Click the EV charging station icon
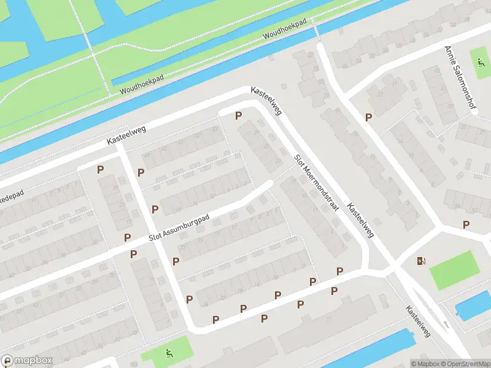click(421, 261)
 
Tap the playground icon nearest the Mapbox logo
click(169, 353)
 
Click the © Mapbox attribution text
click(425, 364)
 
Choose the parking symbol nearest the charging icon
click(466, 225)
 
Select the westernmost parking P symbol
click(100, 170)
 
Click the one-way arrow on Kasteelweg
click(447, 323)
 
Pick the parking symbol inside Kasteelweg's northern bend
click(238, 115)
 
